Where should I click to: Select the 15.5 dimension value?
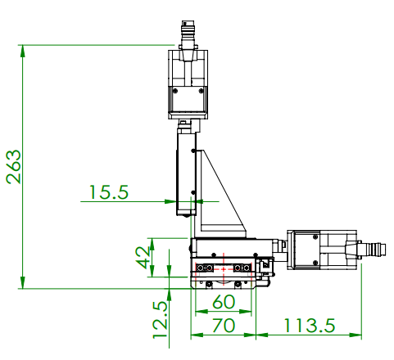click(x=109, y=192)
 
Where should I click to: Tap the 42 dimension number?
click(x=144, y=257)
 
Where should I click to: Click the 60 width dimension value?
click(x=222, y=301)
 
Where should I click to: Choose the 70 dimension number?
click(x=222, y=325)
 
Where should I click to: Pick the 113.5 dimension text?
click(x=310, y=325)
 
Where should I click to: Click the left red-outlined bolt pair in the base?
click(x=204, y=268)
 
